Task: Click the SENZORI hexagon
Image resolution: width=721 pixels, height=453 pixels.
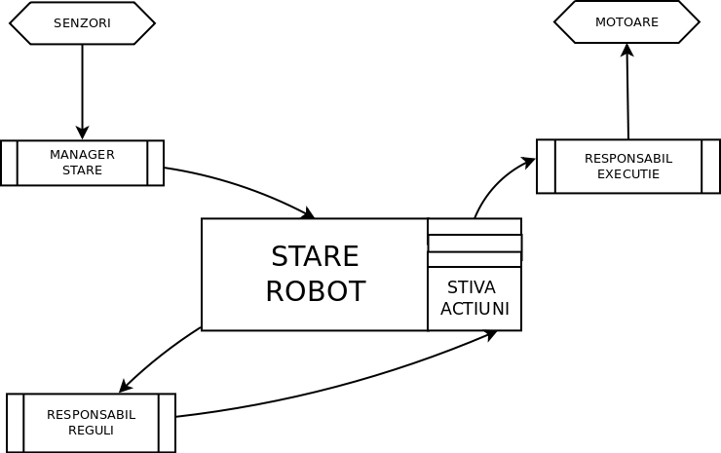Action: (82, 23)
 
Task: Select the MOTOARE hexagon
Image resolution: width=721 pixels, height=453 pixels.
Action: (626, 22)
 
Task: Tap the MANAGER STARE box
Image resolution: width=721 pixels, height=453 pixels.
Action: (82, 163)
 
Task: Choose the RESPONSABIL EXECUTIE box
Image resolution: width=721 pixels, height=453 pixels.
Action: (628, 167)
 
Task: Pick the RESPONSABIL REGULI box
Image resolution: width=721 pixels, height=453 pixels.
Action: (91, 423)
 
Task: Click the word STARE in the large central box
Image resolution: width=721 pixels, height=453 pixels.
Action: (315, 256)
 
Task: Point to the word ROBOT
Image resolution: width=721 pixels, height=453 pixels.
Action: (315, 291)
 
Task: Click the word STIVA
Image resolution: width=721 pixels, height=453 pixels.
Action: (472, 287)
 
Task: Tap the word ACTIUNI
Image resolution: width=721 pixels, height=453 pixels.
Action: (474, 309)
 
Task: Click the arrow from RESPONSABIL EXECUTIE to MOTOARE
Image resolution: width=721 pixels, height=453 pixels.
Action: (627, 93)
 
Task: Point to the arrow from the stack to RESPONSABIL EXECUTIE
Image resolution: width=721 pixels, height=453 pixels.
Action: (497, 181)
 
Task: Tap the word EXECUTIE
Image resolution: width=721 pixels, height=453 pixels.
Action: (628, 174)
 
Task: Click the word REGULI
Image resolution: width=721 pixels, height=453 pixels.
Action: (91, 431)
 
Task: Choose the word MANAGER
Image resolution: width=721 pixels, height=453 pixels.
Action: (82, 155)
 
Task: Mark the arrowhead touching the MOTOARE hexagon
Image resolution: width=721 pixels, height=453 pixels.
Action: (626, 50)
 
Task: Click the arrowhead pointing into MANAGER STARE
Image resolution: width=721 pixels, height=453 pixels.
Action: (82, 132)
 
